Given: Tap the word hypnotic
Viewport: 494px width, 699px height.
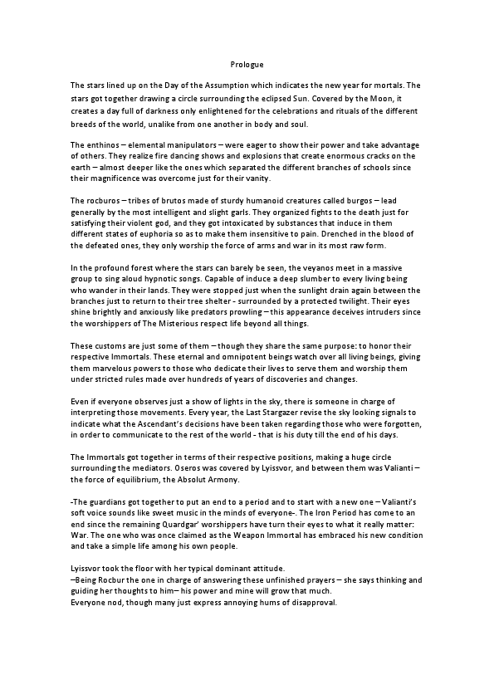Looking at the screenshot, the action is click(163, 279).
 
